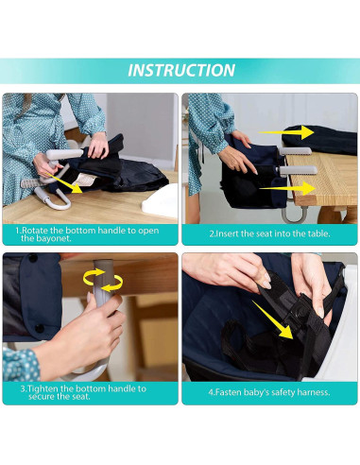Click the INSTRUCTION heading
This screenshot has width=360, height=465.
(x=181, y=70)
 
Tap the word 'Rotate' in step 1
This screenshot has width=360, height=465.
(x=35, y=231)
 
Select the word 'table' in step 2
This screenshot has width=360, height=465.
(x=318, y=233)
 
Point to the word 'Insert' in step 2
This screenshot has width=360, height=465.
(x=227, y=233)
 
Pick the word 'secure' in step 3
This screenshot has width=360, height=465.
(x=42, y=396)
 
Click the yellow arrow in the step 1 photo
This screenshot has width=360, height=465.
(x=65, y=183)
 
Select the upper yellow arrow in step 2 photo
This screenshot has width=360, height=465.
(x=286, y=132)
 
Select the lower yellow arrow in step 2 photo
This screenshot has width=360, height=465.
(x=287, y=188)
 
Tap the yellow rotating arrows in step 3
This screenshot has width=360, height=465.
(x=103, y=280)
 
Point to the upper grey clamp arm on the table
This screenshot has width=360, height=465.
(x=295, y=151)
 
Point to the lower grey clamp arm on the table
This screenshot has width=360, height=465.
(x=298, y=170)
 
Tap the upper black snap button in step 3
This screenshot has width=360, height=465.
(x=33, y=258)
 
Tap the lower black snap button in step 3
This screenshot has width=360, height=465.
(x=40, y=328)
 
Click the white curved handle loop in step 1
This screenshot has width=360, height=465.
(x=54, y=198)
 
